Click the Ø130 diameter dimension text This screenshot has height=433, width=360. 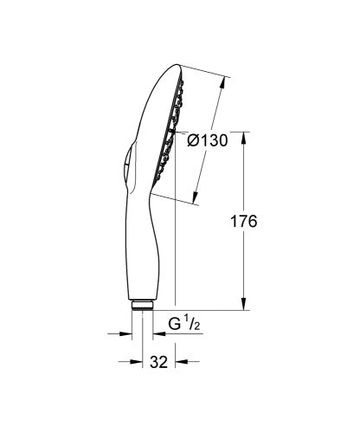point(209,141)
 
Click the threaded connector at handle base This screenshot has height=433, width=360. point(142,305)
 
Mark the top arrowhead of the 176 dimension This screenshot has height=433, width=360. point(247,136)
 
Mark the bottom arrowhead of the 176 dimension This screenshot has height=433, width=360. point(247,305)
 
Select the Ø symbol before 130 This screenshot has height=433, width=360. point(194,141)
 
